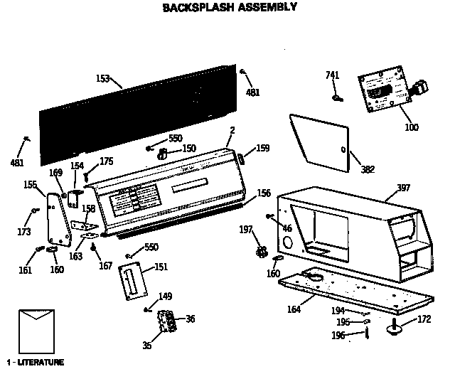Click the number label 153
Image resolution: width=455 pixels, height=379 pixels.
pyautogui.click(x=103, y=78)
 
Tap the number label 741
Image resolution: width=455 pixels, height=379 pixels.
pyautogui.click(x=333, y=75)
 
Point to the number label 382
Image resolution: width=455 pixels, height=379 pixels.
pyautogui.click(x=368, y=169)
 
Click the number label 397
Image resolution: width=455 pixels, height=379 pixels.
pyautogui.click(x=403, y=188)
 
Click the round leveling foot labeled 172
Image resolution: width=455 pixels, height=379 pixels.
pyautogui.click(x=394, y=328)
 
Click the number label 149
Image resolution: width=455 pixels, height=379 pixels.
pyautogui.click(x=165, y=297)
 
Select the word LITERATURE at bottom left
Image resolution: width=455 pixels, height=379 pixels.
pyautogui.click(x=40, y=363)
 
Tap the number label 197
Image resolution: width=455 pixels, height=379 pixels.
pyautogui.click(x=245, y=229)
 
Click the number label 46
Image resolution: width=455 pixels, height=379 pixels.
pyautogui.click(x=287, y=228)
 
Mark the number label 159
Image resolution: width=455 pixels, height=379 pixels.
pyautogui.click(x=263, y=149)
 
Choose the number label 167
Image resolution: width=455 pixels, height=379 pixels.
pyautogui.click(x=106, y=267)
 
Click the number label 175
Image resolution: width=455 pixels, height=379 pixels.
pyautogui.click(x=106, y=161)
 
